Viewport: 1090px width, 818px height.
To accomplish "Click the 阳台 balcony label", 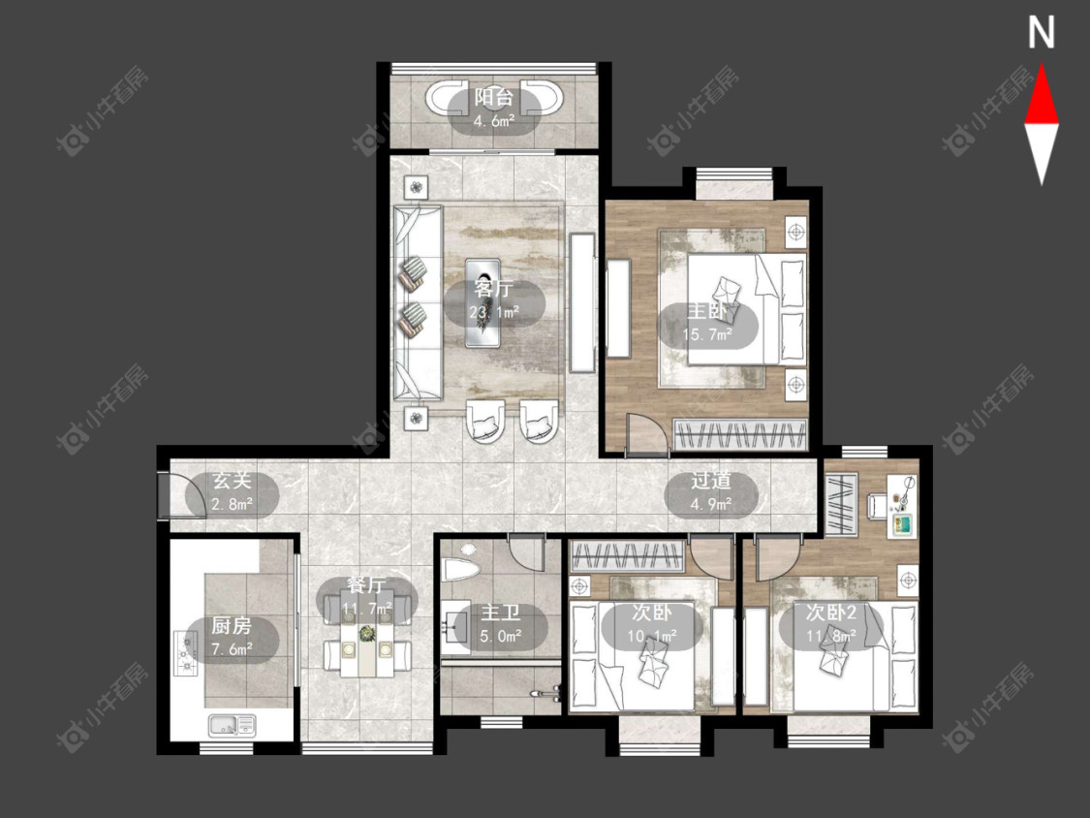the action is tap(493, 97).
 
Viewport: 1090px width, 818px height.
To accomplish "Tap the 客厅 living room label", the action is tap(493, 287).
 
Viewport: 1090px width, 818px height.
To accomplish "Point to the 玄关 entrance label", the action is tap(232, 480).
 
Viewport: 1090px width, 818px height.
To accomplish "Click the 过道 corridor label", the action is tap(710, 480).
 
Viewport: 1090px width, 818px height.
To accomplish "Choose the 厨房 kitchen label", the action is tap(232, 625).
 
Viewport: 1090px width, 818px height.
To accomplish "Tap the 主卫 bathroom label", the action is tap(501, 613).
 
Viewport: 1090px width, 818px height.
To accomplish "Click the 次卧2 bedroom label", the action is tap(830, 613).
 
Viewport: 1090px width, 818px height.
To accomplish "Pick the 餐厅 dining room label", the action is tap(366, 585).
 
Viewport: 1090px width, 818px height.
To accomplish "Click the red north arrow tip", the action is tap(1042, 65).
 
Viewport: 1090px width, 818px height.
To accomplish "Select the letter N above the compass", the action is tap(1042, 33).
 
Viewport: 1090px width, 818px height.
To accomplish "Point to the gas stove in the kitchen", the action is tap(186, 654).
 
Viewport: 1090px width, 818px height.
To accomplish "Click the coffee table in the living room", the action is tap(483, 302).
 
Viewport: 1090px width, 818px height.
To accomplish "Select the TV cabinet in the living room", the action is tap(582, 302).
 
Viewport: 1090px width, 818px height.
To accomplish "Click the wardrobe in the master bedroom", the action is tap(741, 435).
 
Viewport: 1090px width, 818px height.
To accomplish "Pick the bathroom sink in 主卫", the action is tap(456, 626).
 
